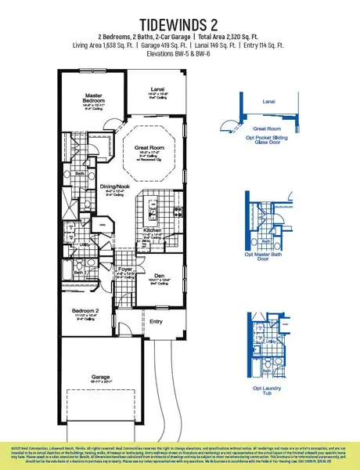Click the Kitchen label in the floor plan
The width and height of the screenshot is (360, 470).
click(153, 230)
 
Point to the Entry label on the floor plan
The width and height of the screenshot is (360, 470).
click(157, 321)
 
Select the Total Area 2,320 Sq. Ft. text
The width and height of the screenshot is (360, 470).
click(223, 37)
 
